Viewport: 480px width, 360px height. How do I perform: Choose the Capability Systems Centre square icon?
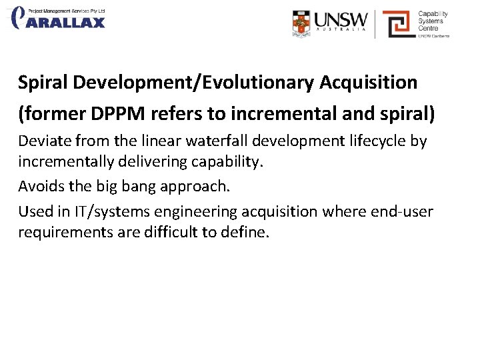point(398,23)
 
